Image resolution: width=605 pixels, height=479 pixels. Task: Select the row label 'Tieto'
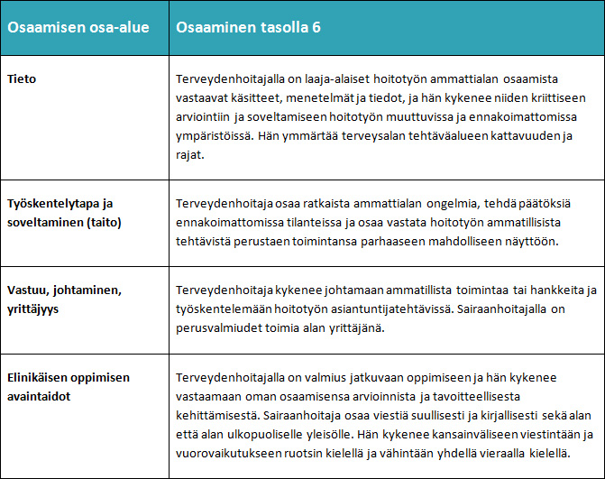click(x=23, y=79)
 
